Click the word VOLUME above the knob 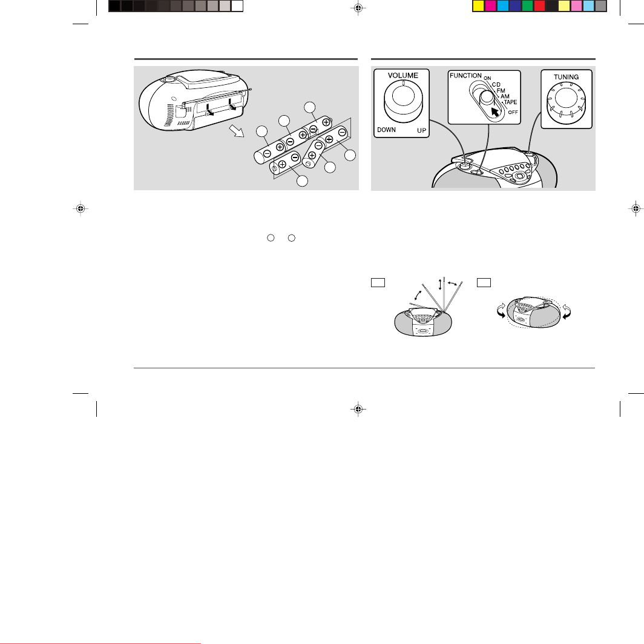(x=403, y=76)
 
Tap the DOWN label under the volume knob (x=387, y=130)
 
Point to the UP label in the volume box (x=421, y=131)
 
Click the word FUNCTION (x=465, y=76)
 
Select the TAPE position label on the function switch (x=510, y=102)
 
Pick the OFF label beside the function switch (x=513, y=112)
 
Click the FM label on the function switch (x=501, y=91)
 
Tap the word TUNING (x=566, y=78)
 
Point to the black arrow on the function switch (x=495, y=112)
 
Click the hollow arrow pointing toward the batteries (x=237, y=131)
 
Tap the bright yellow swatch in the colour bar (x=479, y=6)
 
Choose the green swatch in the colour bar (x=527, y=6)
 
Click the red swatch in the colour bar (x=539, y=6)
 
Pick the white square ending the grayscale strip (x=237, y=6)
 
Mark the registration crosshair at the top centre (x=358, y=8)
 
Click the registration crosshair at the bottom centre (x=358, y=409)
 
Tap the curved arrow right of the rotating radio (x=567, y=311)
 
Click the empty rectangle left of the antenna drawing (x=378, y=283)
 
